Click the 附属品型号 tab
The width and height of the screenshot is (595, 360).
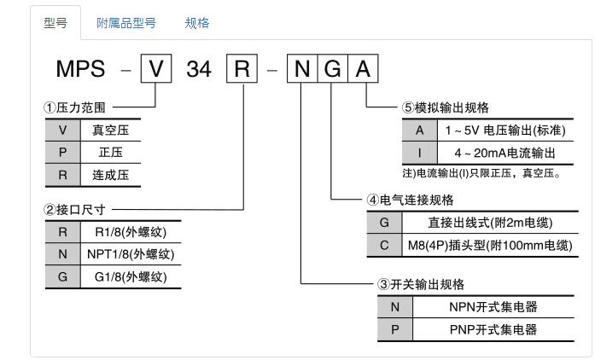tap(125, 23)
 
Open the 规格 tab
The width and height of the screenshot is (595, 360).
tap(197, 23)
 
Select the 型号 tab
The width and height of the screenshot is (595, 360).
tap(55, 23)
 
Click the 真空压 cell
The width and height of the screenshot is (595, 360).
tap(110, 131)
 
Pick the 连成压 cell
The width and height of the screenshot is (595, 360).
tap(110, 173)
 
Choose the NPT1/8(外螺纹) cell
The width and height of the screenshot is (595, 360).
tap(131, 253)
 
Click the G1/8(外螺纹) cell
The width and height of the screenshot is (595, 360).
tap(131, 276)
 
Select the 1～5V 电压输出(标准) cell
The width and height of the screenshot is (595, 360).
tap(503, 131)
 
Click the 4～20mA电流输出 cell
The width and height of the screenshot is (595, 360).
tap(503, 153)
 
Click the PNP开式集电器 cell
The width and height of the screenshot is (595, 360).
tap(493, 329)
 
